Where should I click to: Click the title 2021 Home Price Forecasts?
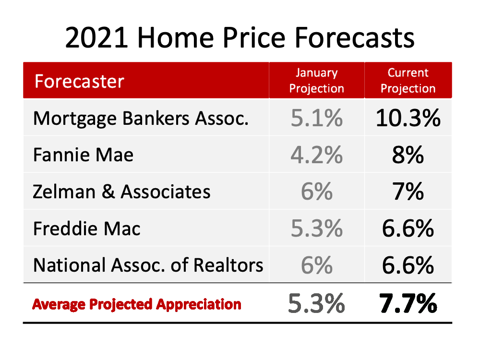[x=240, y=37]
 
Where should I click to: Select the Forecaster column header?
[x=79, y=81]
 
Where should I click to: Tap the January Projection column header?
[x=316, y=81]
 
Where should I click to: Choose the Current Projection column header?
[x=408, y=81]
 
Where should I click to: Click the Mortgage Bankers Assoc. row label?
[x=141, y=119]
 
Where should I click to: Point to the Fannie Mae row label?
[x=83, y=155]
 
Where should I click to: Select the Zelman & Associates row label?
[x=121, y=192]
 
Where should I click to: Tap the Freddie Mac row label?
[x=86, y=228]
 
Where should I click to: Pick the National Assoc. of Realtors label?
[x=148, y=265]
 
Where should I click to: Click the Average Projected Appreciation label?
[x=137, y=304]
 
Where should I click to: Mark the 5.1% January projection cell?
[x=316, y=118]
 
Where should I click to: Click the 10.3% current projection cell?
[x=408, y=118]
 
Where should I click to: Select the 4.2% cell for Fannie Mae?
[x=316, y=155]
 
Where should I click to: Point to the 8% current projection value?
[x=408, y=155]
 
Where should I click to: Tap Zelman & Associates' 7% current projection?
[x=408, y=192]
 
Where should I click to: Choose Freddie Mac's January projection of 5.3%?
[x=316, y=228]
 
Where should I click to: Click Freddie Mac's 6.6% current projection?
[x=408, y=228]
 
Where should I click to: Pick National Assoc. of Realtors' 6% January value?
[x=316, y=265]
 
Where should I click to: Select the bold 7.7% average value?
[x=408, y=303]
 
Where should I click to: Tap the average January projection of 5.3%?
[x=316, y=303]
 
